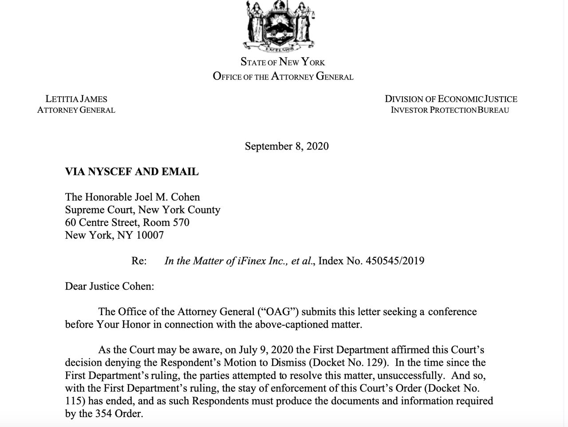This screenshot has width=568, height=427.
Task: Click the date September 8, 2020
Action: point(287,146)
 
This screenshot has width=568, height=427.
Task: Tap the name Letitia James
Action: point(76,99)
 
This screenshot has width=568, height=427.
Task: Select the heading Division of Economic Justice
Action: point(450,99)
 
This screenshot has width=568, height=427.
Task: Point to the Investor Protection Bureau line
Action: point(450,110)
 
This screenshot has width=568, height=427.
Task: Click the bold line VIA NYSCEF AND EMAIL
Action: point(132,172)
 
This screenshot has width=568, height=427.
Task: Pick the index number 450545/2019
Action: point(395,261)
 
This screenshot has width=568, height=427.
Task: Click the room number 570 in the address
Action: point(181,222)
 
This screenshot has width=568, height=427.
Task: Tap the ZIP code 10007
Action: point(150,235)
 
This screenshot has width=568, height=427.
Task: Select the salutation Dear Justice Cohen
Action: point(109,286)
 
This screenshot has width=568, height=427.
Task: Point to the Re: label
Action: point(139,261)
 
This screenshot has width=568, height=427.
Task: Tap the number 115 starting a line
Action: point(73,401)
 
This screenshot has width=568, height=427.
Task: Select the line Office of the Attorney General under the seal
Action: point(283,76)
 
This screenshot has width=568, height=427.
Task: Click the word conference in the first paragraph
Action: point(452,312)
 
